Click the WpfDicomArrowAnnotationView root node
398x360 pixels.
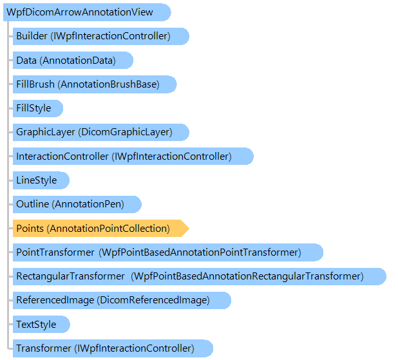[87, 12]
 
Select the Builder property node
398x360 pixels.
[101, 36]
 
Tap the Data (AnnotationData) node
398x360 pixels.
[73, 60]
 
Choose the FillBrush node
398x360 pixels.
[95, 84]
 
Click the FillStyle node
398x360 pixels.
[38, 108]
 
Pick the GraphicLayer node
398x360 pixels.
[101, 132]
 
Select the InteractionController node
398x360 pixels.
[133, 156]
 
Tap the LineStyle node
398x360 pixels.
[41, 180]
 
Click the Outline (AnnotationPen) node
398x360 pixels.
[77, 204]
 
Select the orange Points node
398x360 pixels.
[101, 229]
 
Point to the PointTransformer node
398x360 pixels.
[168, 252]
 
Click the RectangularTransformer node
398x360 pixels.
[200, 276]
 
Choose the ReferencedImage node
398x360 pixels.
[122, 300]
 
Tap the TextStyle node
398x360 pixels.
[41, 325]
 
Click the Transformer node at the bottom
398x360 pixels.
[113, 348]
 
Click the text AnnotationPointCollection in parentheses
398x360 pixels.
[108, 229]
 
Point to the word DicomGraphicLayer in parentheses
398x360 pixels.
[126, 132]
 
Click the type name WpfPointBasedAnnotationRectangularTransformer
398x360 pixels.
[247, 276]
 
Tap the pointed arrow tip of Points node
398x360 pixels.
[189, 229]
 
